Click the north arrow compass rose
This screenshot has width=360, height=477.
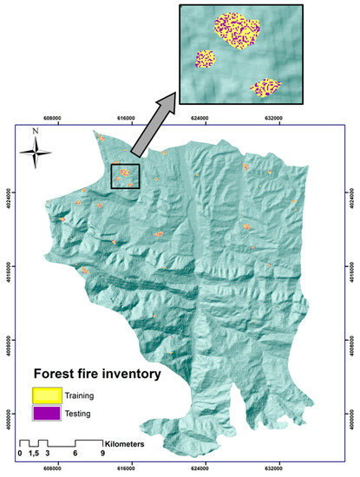click(x=35, y=154)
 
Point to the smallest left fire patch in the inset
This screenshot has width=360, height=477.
click(x=206, y=59)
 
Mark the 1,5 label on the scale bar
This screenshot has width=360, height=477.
click(x=33, y=454)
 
